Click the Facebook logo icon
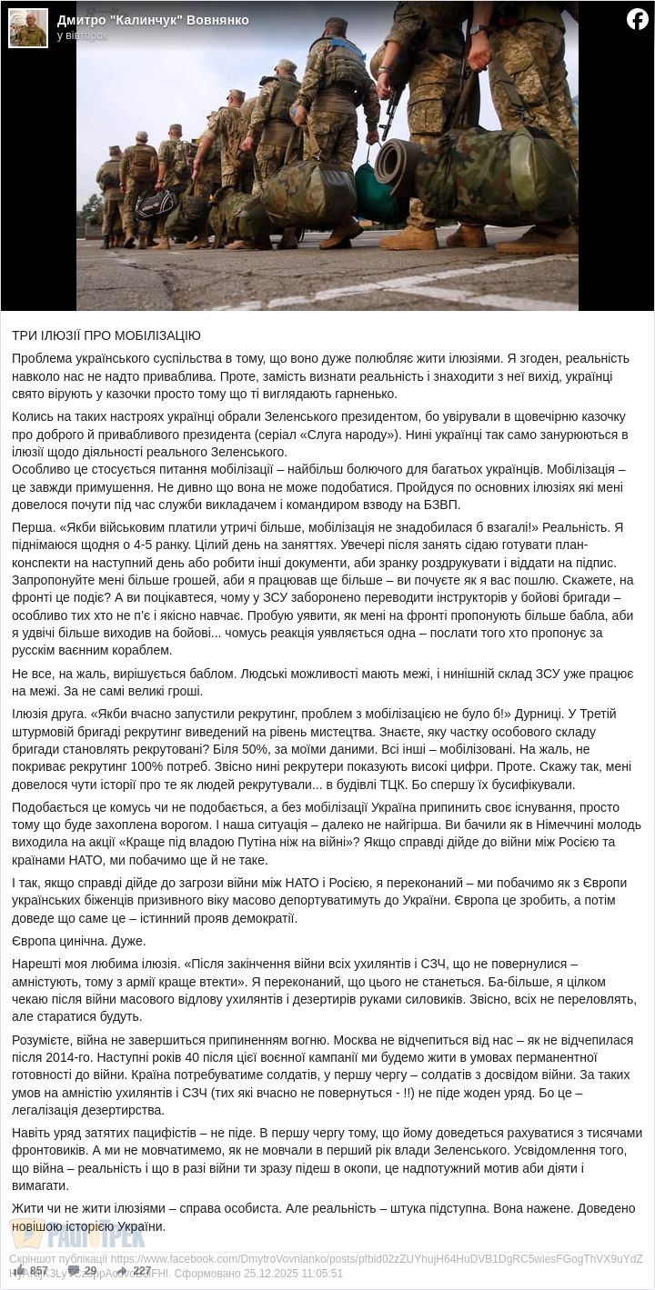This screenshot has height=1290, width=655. coord(638,18)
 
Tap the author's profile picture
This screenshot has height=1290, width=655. coord(27,27)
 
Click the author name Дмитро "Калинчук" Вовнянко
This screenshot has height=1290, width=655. coord(153,20)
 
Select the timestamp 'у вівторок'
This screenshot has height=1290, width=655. coord(82,35)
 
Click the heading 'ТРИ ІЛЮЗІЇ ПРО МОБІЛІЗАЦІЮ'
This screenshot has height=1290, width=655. coord(106,335)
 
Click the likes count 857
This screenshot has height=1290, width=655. coord(38,1271)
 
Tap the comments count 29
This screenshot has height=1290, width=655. coord(90,1271)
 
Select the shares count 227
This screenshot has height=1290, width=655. coord(142,1271)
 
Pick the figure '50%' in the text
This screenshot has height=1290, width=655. coord(251,732)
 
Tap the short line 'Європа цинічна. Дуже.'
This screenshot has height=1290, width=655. coord(79,941)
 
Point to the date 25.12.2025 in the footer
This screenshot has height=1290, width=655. coord(257,1273)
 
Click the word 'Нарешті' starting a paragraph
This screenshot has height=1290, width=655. coord(36,964)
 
